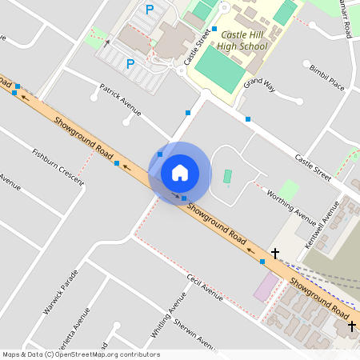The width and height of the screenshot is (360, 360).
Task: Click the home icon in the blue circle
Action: click(179, 172)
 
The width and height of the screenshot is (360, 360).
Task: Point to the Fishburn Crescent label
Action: click(58, 166)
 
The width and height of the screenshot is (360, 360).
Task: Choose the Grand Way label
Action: click(260, 83)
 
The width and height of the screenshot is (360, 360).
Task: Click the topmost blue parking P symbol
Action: click(150, 10)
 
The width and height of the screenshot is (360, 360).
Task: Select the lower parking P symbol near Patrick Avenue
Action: click(130, 62)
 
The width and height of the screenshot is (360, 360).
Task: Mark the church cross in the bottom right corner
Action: click(350, 326)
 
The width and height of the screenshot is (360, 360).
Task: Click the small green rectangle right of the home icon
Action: click(227, 176)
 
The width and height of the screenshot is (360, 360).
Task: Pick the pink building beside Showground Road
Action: click(264, 287)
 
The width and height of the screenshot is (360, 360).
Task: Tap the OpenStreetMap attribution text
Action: click(80, 354)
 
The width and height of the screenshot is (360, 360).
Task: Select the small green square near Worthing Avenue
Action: click(290, 190)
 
